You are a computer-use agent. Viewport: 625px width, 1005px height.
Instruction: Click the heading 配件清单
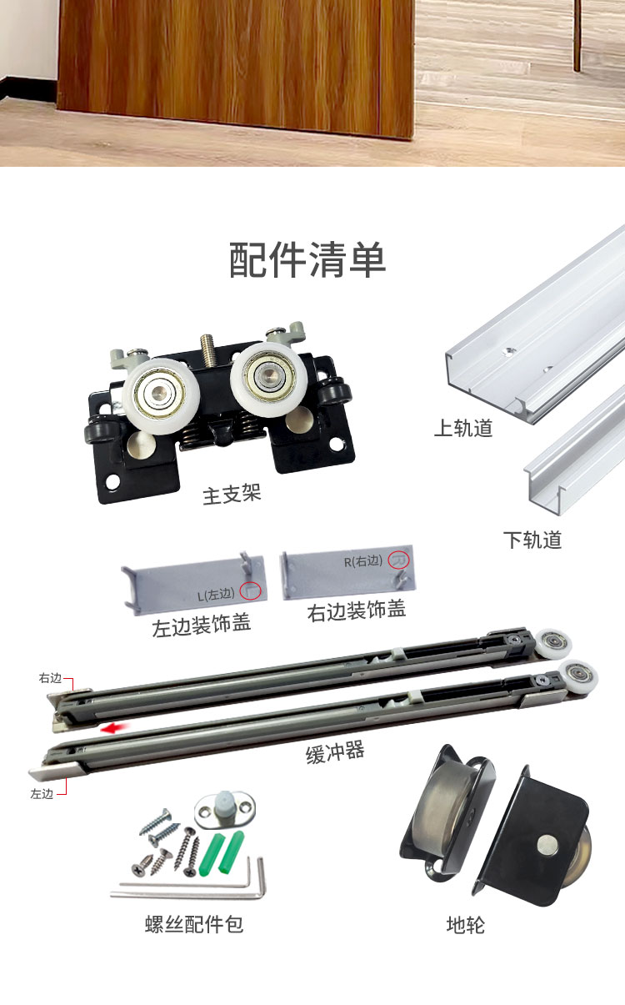click(307, 259)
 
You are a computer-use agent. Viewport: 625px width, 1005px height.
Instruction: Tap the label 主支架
click(232, 495)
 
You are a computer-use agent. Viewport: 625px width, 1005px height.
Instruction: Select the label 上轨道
click(463, 428)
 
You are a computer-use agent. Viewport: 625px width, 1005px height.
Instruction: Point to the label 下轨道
click(532, 540)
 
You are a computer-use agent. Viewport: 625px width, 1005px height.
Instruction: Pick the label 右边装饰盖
click(357, 611)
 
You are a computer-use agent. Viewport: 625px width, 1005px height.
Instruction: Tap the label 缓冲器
click(335, 752)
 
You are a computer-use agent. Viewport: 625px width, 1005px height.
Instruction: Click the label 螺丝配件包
click(193, 924)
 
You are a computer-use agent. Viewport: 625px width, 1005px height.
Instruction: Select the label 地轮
click(465, 925)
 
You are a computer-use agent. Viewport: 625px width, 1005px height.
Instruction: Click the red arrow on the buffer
click(115, 728)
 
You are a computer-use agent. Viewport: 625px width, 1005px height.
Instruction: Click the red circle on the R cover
click(398, 560)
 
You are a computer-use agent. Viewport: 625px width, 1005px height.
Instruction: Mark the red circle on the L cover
click(250, 590)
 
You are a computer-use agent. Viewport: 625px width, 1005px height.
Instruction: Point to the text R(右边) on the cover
click(363, 560)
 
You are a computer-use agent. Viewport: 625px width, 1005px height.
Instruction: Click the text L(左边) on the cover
click(216, 595)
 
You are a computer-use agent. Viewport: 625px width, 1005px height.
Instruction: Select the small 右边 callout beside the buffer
click(50, 678)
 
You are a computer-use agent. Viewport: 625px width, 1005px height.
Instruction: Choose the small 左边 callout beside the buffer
click(42, 794)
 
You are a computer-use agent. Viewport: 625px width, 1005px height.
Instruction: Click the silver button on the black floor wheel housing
click(547, 844)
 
